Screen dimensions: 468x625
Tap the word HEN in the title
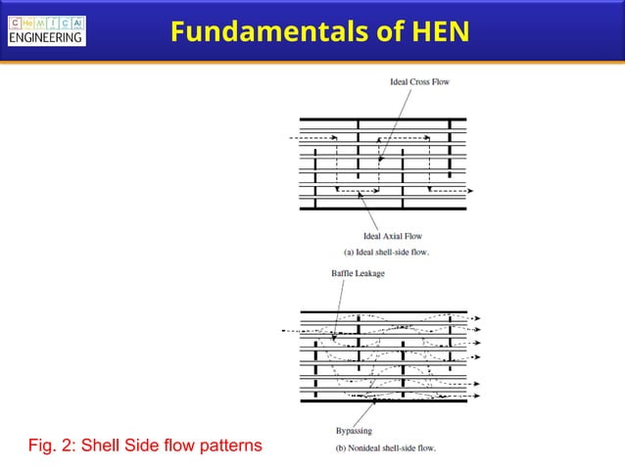(x=437, y=31)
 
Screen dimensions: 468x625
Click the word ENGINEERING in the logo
(x=46, y=38)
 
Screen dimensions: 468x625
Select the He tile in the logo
(x=28, y=23)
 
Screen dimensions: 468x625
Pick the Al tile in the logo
(x=77, y=23)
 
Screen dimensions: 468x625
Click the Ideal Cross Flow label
(x=419, y=81)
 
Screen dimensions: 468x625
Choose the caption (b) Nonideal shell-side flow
(x=380, y=448)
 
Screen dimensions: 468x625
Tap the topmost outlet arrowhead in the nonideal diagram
(x=477, y=318)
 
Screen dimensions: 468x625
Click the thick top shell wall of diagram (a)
(x=382, y=121)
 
